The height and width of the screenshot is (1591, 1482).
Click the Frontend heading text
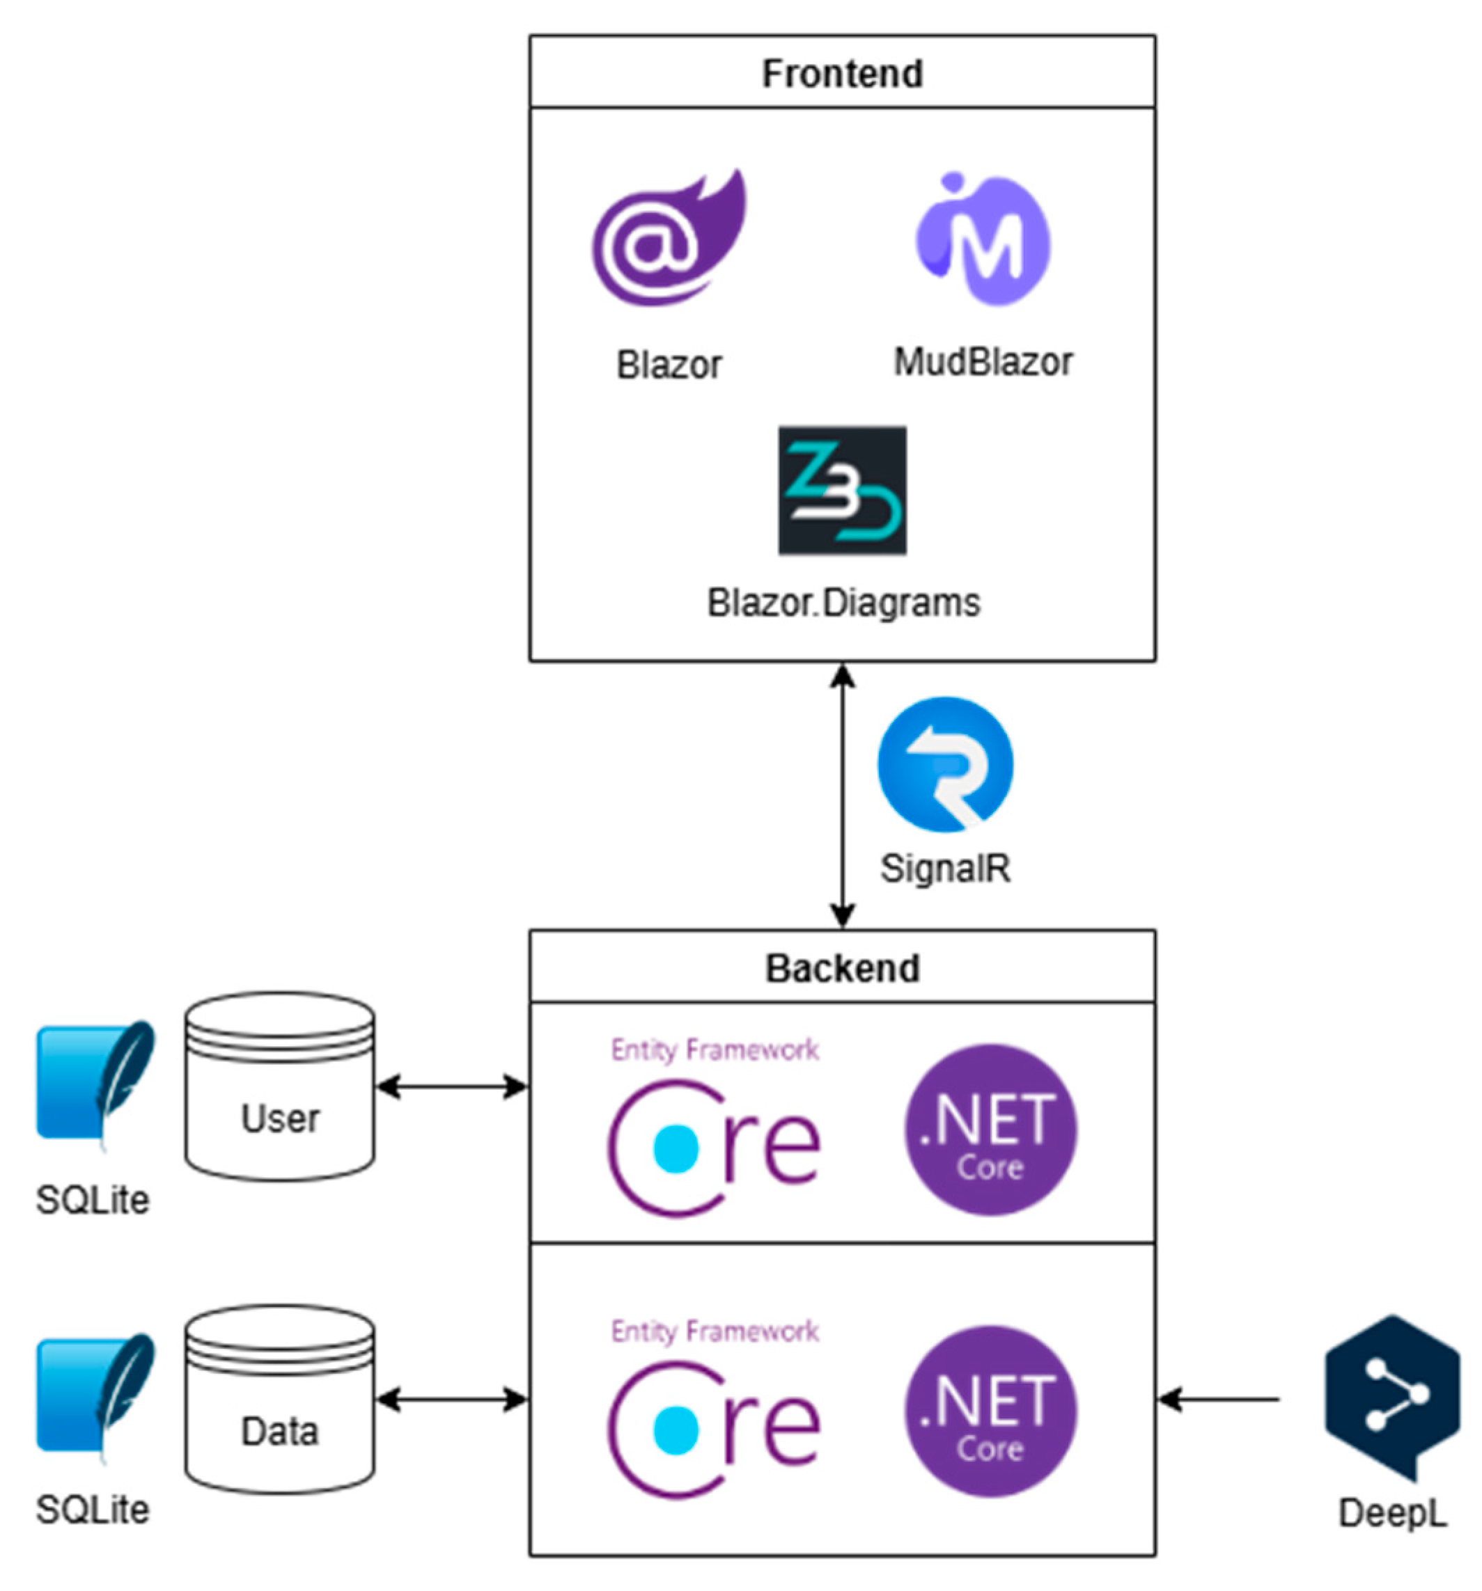[841, 74]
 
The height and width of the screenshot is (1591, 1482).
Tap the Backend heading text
[841, 968]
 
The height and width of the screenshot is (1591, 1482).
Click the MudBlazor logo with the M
[983, 240]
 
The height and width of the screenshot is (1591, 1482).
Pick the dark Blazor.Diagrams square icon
[842, 490]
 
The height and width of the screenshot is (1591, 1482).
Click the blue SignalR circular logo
[945, 764]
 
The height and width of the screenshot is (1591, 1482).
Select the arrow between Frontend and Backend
[842, 796]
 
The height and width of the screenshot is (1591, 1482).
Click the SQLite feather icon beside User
[95, 1083]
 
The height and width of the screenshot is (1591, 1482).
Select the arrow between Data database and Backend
[451, 1400]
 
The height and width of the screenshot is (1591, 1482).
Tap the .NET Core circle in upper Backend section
[990, 1130]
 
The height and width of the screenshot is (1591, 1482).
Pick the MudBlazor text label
[983, 362]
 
